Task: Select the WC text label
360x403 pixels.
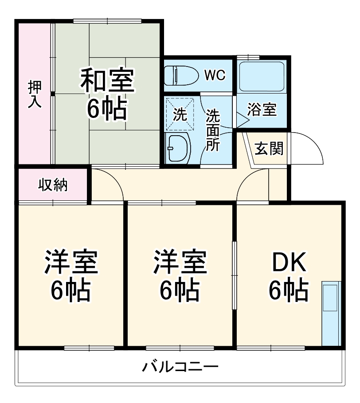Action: [215, 75]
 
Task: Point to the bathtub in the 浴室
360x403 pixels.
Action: [262, 76]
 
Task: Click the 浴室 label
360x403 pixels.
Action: [262, 110]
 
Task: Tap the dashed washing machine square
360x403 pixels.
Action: [180, 113]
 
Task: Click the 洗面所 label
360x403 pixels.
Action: [213, 131]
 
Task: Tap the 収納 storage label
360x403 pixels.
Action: [52, 184]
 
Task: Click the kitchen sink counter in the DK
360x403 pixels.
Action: [330, 313]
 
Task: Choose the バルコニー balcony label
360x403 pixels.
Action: [180, 367]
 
